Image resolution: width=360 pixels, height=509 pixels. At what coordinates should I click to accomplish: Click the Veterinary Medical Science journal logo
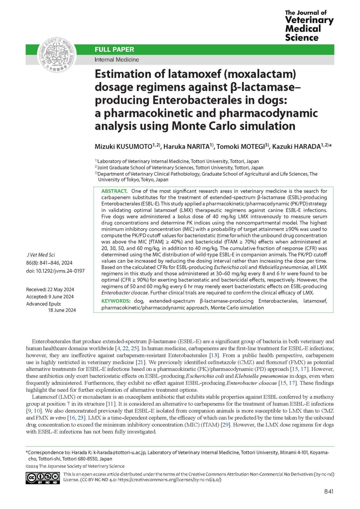click(x=309, y=26)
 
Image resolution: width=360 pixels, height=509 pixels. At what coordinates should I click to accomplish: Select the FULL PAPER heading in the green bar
click(x=114, y=50)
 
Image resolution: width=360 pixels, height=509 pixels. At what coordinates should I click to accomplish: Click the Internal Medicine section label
click(x=117, y=60)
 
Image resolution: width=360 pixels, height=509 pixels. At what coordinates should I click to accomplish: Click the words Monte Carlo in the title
click(x=234, y=126)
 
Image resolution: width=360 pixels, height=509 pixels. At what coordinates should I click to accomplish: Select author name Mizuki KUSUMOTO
click(x=123, y=147)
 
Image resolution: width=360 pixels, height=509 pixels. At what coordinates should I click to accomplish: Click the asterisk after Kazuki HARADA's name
click(x=330, y=146)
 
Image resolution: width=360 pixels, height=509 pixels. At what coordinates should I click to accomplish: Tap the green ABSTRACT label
click(x=114, y=191)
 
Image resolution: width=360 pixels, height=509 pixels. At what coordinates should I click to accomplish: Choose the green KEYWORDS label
click(x=116, y=301)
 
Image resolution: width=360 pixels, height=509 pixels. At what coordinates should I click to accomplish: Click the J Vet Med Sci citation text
click(x=41, y=254)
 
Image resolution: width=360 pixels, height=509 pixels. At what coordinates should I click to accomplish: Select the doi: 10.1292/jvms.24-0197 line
click(x=55, y=271)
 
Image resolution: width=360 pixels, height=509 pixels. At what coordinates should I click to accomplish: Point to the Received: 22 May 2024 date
click(x=50, y=289)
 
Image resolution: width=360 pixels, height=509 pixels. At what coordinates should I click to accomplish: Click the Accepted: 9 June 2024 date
click(x=50, y=297)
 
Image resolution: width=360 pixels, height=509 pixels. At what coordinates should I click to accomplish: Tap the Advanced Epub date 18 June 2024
click(x=62, y=310)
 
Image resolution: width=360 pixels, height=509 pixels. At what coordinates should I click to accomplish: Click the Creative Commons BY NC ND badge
click(x=42, y=478)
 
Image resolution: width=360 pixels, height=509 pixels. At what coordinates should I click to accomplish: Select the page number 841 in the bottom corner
click(x=329, y=491)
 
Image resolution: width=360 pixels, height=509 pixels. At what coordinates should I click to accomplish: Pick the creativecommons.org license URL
click(x=169, y=479)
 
